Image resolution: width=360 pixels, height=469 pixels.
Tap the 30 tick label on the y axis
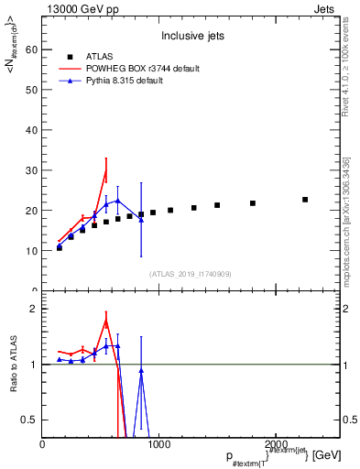[x=31, y=170]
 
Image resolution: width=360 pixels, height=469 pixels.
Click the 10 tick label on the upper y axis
[x=31, y=250]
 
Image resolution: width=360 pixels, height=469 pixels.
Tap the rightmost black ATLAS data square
[x=305, y=200]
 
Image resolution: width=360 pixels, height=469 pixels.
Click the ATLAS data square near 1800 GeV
[x=253, y=203]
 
